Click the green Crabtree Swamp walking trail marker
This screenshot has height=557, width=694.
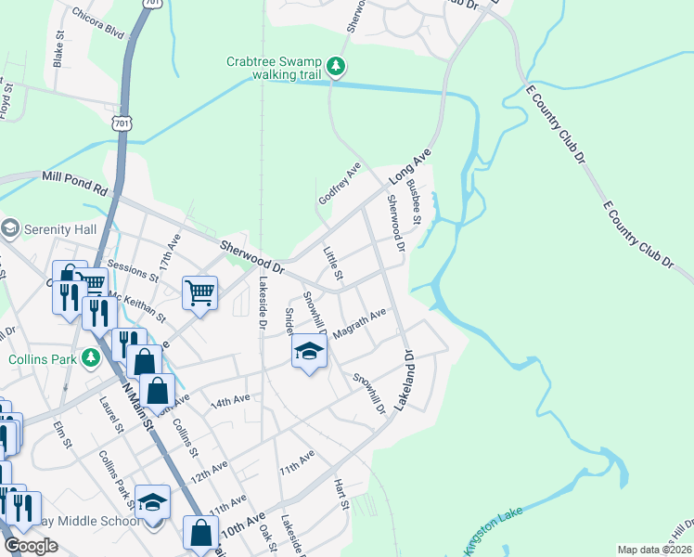[x=337, y=66]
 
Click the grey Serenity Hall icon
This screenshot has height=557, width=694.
[x=11, y=228]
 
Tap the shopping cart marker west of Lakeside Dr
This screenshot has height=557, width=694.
[x=200, y=293]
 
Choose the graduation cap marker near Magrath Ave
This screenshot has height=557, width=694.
[x=310, y=351]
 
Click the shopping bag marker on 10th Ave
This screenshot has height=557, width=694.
[x=200, y=533]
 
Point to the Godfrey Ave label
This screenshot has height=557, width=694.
[x=339, y=182]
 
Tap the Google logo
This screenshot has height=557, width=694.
[x=31, y=546]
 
